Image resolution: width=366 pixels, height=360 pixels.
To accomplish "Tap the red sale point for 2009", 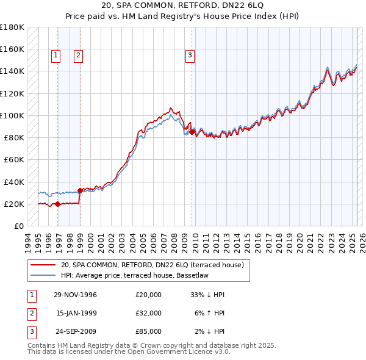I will coord(192,132).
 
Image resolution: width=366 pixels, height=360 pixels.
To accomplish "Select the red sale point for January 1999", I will coord(81,190).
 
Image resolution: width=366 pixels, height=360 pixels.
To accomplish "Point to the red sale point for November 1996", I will coord(57,204).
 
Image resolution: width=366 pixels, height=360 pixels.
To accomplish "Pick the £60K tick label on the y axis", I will coord(13,159).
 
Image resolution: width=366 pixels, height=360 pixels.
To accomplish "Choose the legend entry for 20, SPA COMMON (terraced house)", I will coord(152,265).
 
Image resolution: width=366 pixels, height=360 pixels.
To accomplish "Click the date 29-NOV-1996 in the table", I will coord(76,295).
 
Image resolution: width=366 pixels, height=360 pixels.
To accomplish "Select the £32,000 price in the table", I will coord(148,313).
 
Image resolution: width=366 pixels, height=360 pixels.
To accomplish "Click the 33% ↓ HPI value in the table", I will coord(207,295).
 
